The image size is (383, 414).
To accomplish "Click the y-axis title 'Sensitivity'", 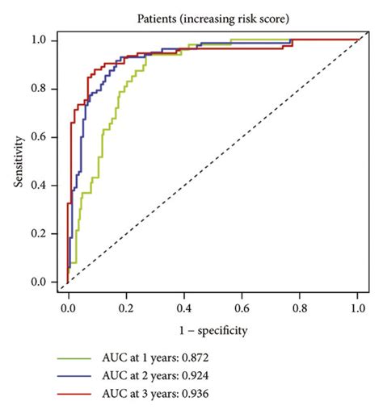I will (17, 162).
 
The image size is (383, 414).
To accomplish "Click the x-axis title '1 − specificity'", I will (213, 330).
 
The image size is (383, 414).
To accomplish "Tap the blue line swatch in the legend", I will (73, 374).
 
